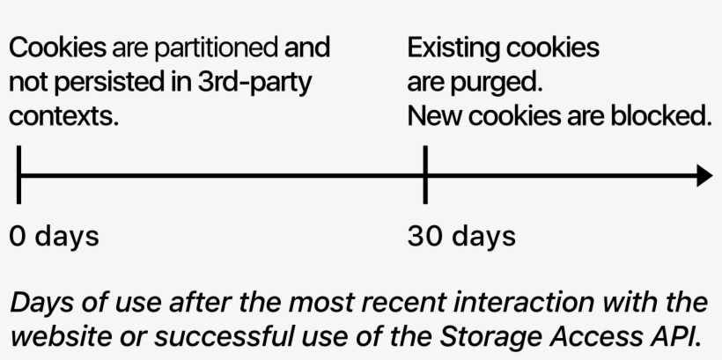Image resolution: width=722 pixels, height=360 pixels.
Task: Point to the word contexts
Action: point(63,115)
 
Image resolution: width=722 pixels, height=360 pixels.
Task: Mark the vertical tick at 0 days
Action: point(18,175)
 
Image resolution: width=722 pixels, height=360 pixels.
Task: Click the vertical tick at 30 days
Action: point(425,175)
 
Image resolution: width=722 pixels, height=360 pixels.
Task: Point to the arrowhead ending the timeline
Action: point(704,175)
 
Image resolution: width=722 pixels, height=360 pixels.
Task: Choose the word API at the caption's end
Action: point(674,338)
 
